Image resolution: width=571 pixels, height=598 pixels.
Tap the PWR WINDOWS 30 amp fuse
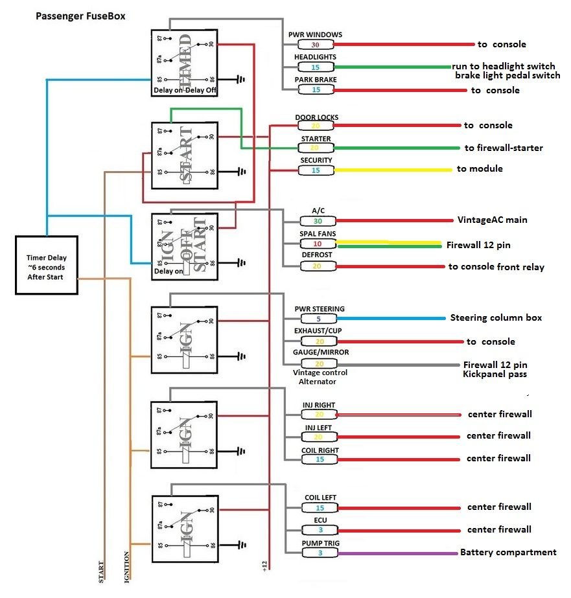(x=316, y=45)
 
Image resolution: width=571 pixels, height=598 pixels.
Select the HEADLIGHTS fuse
(x=316, y=67)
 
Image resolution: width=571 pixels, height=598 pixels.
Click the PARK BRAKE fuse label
(x=316, y=80)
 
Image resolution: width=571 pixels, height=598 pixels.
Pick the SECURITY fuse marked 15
(x=316, y=170)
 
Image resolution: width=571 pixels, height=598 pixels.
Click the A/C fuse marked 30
(x=318, y=221)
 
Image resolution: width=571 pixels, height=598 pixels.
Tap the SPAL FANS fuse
(x=318, y=244)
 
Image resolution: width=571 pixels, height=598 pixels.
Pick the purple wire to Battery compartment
(x=395, y=553)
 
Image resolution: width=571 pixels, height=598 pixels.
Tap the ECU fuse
(x=320, y=530)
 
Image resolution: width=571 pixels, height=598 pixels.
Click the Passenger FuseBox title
(x=80, y=16)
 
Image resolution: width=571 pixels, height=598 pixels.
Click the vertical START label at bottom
(x=101, y=571)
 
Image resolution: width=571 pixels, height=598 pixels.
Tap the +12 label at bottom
(x=264, y=566)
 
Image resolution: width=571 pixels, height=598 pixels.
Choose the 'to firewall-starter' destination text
(x=504, y=148)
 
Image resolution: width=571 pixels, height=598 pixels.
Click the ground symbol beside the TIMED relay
(x=241, y=80)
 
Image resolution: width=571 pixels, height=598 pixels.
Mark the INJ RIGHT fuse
(x=319, y=415)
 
